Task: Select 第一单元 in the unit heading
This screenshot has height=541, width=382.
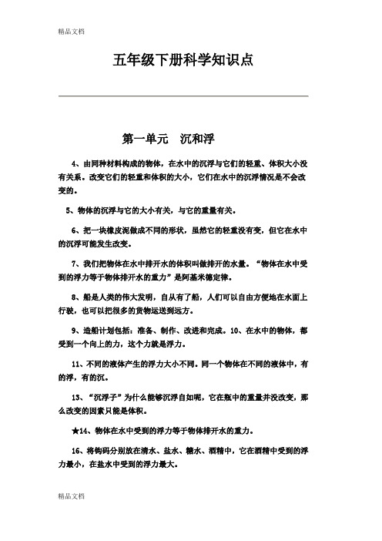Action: click(x=146, y=139)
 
